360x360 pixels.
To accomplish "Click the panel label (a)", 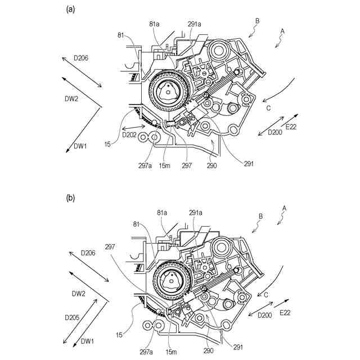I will (x=70, y=8).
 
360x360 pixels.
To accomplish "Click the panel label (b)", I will (x=70, y=198).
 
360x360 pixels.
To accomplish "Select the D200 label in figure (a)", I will (x=275, y=132).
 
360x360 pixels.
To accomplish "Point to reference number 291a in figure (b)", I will (x=195, y=213).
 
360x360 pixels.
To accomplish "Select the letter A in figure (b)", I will (x=284, y=208).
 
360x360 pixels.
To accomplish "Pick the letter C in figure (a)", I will (x=268, y=108).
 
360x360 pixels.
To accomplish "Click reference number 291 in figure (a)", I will (x=249, y=164).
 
